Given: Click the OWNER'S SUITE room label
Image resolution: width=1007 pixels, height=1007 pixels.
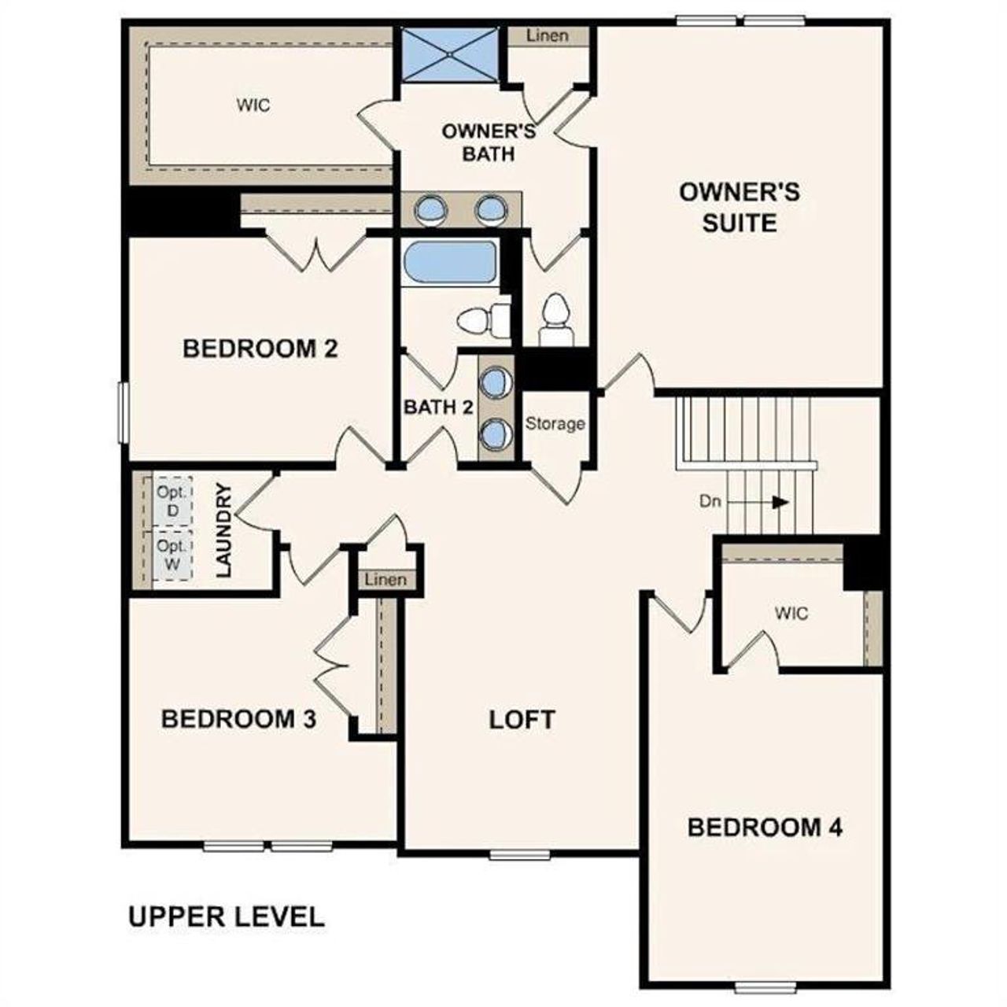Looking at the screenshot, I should pyautogui.click(x=739, y=207).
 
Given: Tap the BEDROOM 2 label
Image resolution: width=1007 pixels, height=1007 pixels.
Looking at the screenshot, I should pyautogui.click(x=260, y=349).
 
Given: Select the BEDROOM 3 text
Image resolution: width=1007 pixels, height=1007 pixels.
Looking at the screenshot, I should pyautogui.click(x=238, y=718).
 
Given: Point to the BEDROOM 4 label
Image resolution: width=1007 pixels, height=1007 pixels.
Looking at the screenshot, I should pyautogui.click(x=765, y=828).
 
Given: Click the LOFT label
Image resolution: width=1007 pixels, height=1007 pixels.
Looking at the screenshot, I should pyautogui.click(x=522, y=720).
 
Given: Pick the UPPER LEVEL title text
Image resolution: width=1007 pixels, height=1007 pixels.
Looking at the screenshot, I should pyautogui.click(x=226, y=917).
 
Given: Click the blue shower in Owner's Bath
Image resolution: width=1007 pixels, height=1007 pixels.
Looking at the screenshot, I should pyautogui.click(x=449, y=53).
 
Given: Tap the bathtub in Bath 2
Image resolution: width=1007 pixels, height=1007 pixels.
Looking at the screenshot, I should pyautogui.click(x=449, y=262).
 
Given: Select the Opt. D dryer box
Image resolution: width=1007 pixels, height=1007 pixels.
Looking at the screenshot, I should pyautogui.click(x=172, y=500).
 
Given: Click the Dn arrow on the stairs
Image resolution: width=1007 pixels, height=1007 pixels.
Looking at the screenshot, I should pyautogui.click(x=779, y=502).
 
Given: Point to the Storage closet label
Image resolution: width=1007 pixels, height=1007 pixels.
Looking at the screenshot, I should pyautogui.click(x=555, y=424).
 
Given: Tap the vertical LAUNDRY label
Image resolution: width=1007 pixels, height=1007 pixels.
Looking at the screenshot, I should pyautogui.click(x=224, y=530).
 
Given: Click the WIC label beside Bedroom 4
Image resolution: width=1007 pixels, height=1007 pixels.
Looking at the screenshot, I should pyautogui.click(x=791, y=613).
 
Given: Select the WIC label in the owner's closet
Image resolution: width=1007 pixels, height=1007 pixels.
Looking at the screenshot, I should pyautogui.click(x=253, y=105).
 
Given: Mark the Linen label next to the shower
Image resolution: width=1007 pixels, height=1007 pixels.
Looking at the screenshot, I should pyautogui.click(x=547, y=36).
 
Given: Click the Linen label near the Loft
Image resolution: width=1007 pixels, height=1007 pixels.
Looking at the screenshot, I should pyautogui.click(x=386, y=580).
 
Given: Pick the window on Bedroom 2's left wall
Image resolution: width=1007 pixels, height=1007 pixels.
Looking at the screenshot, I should pyautogui.click(x=123, y=411).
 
